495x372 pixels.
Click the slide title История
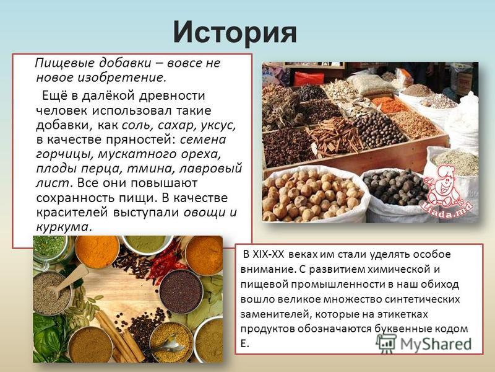(x=235, y=32)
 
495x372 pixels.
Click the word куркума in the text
(x=62, y=227)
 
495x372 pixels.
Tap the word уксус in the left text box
(x=218, y=126)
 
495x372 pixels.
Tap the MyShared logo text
(x=436, y=344)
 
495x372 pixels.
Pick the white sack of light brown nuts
(x=312, y=195)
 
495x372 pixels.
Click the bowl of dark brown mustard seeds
(x=181, y=291)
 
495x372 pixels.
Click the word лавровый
(x=210, y=169)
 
